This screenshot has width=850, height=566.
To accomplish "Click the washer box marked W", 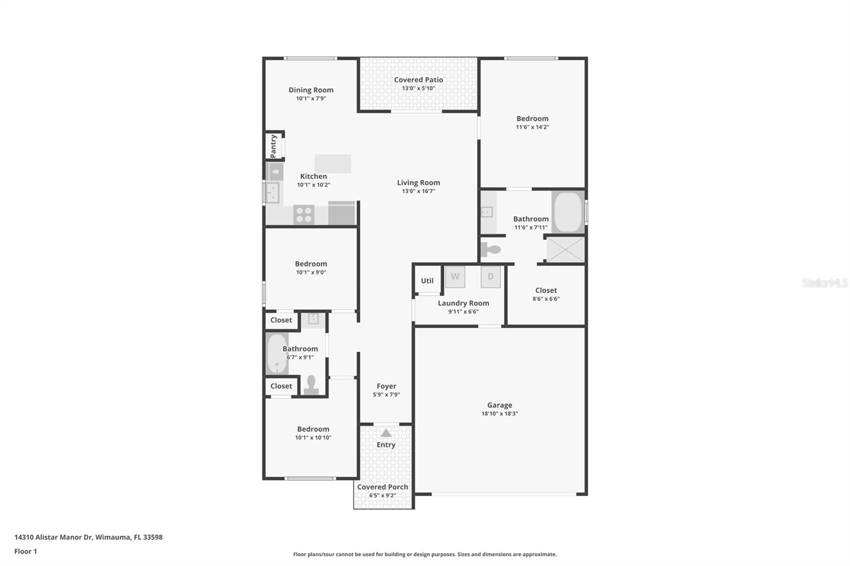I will [455, 277].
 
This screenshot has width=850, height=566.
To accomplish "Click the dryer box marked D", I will [490, 277].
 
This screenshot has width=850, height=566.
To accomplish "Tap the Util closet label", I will [427, 281].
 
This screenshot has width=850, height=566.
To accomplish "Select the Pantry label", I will [274, 145].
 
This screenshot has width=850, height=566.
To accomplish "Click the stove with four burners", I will [304, 215].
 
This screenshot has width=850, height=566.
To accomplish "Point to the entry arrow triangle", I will [386, 433].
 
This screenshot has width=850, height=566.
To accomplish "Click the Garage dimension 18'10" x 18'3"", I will [499, 414].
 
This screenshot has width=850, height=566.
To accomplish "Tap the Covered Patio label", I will [418, 80].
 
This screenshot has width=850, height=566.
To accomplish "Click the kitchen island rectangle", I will [333, 164].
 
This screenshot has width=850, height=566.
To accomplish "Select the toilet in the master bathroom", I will [491, 249].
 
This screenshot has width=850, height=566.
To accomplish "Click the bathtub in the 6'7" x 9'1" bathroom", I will [276, 354].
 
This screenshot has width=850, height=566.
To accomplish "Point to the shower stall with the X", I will [565, 250].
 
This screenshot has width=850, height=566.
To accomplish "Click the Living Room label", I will [418, 183].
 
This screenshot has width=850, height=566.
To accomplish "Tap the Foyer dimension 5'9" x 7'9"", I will [386, 395].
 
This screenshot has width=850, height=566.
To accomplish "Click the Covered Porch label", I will [382, 487].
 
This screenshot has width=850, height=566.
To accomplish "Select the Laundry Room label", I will [463, 303].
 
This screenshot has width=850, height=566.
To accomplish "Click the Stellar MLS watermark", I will [824, 283].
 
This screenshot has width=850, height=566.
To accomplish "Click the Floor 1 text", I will [25, 551].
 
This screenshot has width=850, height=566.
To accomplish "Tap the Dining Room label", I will [311, 90].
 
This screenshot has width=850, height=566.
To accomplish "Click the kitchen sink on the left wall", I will [273, 192].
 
